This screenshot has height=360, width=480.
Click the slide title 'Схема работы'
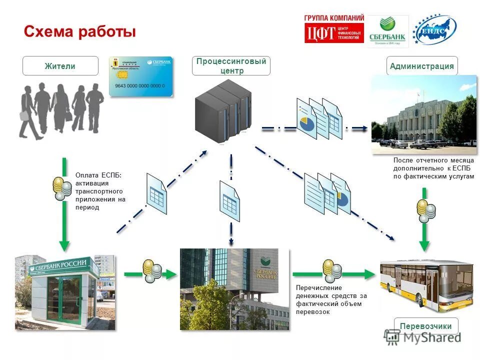tap(80, 32)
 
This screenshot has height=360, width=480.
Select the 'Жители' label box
tap(60, 66)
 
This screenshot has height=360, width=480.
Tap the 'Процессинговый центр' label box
tap(231, 66)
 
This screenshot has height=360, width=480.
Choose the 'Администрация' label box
tap(422, 66)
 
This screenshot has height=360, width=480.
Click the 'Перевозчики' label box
tap(426, 326)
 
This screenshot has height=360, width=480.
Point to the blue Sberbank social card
tap(141, 76)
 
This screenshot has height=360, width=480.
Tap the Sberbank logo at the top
tap(388, 31)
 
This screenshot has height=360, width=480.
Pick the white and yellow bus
tap(426, 284)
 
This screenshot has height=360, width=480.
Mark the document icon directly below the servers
tap(230, 201)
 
